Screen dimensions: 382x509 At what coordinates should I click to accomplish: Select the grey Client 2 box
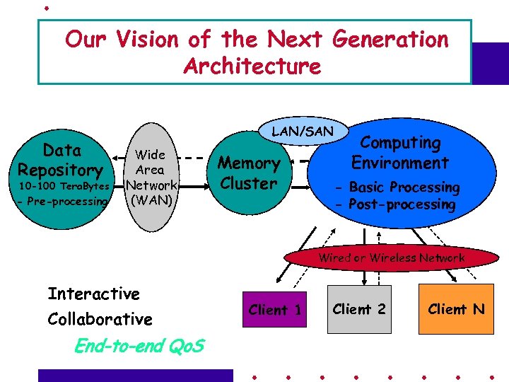pos(359,309)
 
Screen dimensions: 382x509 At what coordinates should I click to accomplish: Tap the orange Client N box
pos(456,309)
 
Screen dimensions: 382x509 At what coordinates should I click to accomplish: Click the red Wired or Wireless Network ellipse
pos(391,257)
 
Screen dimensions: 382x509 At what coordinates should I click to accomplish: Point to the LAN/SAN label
pos(302,131)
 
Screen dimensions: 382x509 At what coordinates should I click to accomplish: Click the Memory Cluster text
pos(248,173)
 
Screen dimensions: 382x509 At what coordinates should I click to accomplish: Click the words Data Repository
pos(61,160)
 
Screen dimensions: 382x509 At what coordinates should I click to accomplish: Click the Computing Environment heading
pos(399,153)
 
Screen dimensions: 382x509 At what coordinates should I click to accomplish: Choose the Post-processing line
pos(395,204)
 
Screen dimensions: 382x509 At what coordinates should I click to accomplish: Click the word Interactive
pos(93,294)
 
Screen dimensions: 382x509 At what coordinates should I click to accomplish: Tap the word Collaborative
pos(100,319)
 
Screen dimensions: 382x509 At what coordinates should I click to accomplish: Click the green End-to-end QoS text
pos(139,346)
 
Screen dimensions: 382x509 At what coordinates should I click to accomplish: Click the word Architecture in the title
pos(252,66)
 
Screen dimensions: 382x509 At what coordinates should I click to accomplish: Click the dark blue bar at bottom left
pos(134,376)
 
